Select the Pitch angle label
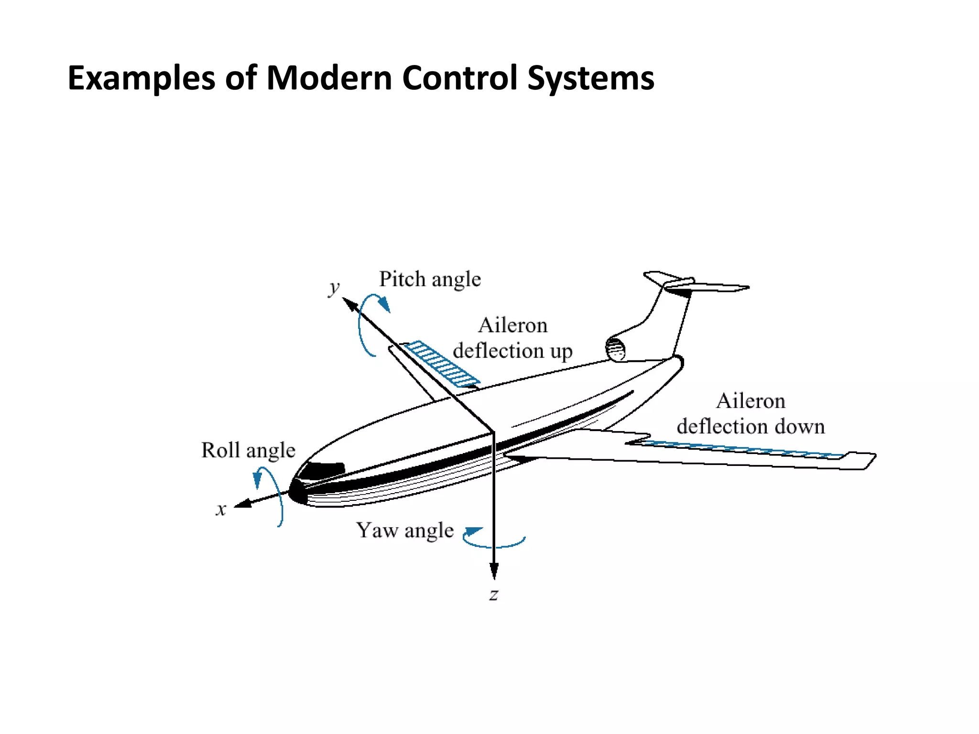(430, 280)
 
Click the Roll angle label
(248, 451)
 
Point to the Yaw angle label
(404, 530)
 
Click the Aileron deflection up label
(512, 338)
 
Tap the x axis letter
(220, 510)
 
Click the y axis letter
(334, 288)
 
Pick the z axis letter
(494, 595)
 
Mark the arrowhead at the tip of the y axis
(350, 304)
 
